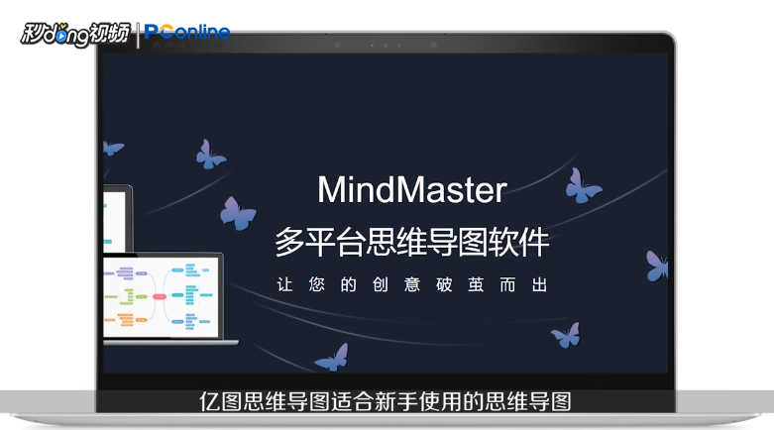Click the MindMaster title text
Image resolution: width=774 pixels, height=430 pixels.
pyautogui.click(x=411, y=189)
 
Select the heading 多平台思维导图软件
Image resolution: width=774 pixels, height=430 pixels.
pyautogui.click(x=411, y=241)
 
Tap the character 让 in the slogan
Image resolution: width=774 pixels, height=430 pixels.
pyautogui.click(x=285, y=283)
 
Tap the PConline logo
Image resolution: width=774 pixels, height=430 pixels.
pyautogui.click(x=187, y=33)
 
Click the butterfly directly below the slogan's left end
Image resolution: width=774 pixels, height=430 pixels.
pyautogui.click(x=332, y=356)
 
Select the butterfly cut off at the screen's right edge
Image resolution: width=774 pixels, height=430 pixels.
pyautogui.click(x=657, y=265)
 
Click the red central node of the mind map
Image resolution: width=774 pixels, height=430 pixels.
pyautogui.click(x=159, y=296)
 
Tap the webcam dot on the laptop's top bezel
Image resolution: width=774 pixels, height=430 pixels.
pyautogui.click(x=387, y=45)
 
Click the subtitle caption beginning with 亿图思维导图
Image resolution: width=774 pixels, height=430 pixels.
pyautogui.click(x=387, y=402)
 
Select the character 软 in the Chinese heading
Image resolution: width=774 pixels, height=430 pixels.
pyautogui.click(x=506, y=241)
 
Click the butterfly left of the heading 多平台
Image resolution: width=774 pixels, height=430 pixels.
pyautogui.click(x=238, y=212)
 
